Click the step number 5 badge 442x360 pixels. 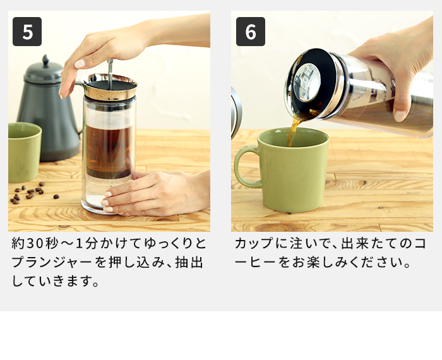click(27, 32)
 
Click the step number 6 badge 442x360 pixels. click(250, 32)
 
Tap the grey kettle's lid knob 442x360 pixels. click(45, 61)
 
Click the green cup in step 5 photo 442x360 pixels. click(23, 152)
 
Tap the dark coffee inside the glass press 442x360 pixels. click(108, 150)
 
